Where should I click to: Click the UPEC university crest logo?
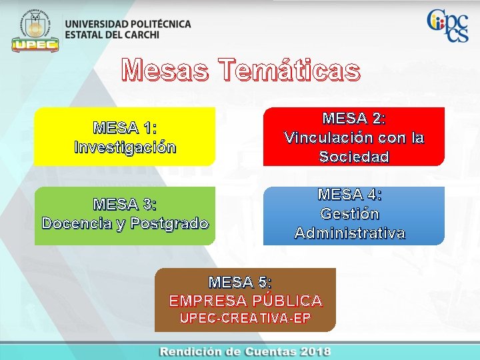pos(35,30)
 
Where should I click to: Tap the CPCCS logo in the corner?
pos(447,26)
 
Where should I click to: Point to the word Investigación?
pos(125,147)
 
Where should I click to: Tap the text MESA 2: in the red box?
pos(354,118)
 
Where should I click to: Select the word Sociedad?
pos(354,157)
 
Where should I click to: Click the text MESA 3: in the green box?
pos(125,203)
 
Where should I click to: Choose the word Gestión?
pos(350,214)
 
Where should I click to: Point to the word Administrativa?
pos(350,233)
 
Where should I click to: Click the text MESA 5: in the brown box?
pos(241,282)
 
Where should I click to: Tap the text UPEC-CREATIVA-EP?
pos(245,319)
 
